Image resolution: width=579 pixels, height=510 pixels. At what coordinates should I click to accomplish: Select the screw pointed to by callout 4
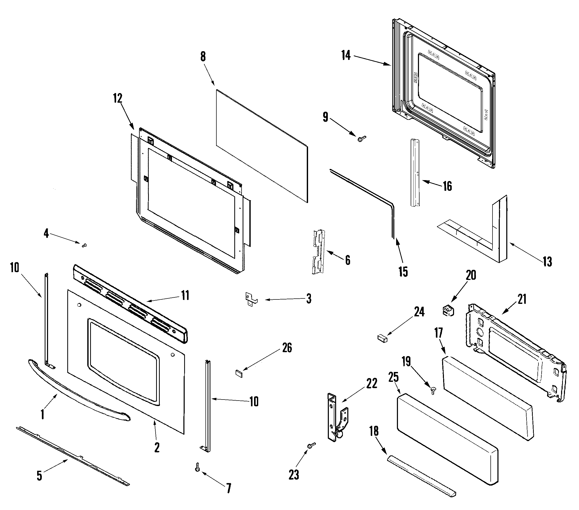click(84, 245)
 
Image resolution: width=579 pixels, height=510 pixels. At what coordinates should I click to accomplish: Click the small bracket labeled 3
click(250, 300)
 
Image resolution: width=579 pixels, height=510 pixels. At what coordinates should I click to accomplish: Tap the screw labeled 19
click(433, 391)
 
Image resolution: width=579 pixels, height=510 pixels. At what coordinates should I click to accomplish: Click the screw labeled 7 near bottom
click(197, 467)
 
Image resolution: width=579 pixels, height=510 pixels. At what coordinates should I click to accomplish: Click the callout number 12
click(118, 98)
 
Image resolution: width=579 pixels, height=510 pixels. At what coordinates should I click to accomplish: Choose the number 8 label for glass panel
click(203, 56)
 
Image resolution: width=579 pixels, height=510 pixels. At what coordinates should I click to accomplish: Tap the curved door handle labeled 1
click(79, 391)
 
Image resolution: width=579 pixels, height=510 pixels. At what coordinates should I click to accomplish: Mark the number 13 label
click(547, 262)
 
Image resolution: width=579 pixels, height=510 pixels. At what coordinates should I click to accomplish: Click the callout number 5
click(39, 475)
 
